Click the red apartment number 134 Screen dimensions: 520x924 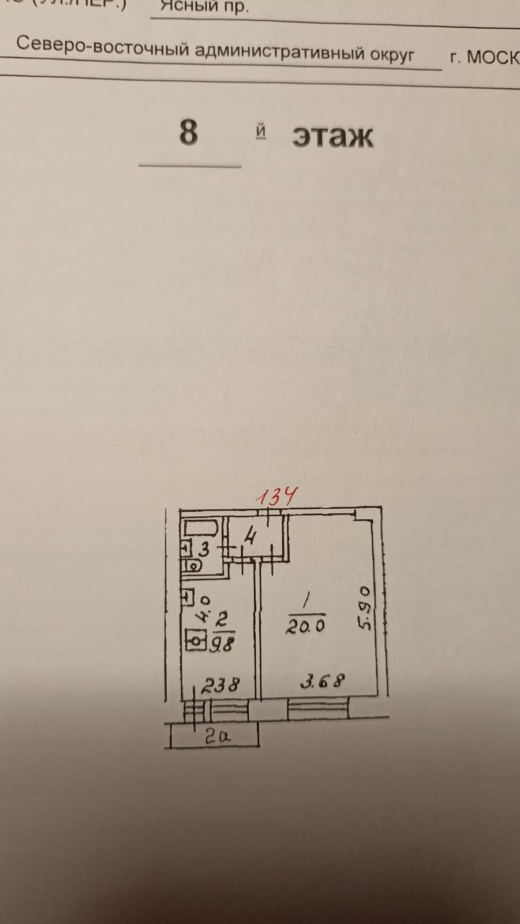click(277, 497)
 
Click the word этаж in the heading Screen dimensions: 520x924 click(332, 136)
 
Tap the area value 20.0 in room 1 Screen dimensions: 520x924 click(305, 626)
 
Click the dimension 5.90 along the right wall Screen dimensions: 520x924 click(365, 608)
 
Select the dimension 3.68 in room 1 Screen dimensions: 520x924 click(322, 681)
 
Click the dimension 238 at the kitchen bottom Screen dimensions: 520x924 click(219, 685)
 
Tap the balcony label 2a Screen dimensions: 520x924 click(218, 737)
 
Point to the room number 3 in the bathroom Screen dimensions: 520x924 click(204, 550)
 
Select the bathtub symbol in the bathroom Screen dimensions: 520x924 click(199, 529)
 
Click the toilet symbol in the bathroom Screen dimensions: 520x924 click(192, 567)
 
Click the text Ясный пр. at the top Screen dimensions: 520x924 click(204, 6)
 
